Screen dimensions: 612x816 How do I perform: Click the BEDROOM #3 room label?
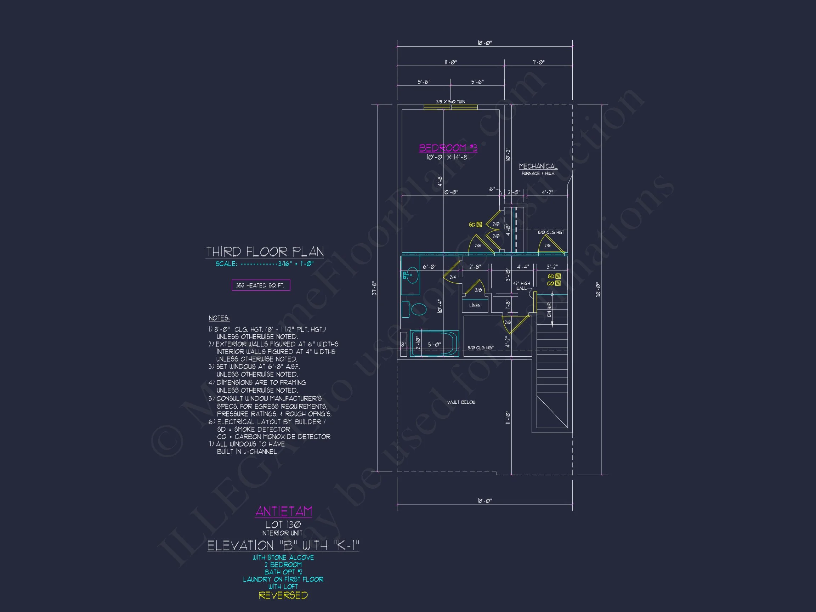(448, 148)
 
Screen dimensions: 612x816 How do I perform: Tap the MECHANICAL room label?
(538, 166)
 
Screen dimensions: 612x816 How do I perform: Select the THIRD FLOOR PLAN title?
(265, 251)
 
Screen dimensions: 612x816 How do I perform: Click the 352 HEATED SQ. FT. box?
(261, 285)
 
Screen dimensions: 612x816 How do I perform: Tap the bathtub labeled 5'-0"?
(434, 344)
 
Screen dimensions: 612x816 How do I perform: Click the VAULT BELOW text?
(461, 402)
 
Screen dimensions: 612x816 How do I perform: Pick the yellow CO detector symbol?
(557, 283)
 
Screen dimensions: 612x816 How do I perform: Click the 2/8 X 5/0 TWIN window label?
(450, 101)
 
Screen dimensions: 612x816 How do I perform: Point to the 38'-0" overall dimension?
(598, 290)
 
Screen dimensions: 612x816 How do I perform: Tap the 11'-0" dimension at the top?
(450, 62)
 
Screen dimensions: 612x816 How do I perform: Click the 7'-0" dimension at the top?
(538, 62)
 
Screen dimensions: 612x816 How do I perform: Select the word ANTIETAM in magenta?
(283, 511)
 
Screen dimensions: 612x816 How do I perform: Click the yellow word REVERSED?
(283, 595)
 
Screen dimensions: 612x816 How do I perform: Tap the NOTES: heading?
(219, 318)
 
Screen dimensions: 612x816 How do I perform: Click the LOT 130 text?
(283, 524)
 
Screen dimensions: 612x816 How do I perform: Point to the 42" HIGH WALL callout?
(521, 285)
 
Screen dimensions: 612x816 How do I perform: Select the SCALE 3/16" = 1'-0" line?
(264, 264)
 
